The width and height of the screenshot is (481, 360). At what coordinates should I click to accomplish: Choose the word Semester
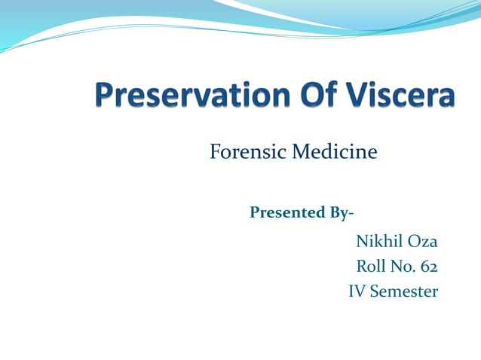(404, 291)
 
